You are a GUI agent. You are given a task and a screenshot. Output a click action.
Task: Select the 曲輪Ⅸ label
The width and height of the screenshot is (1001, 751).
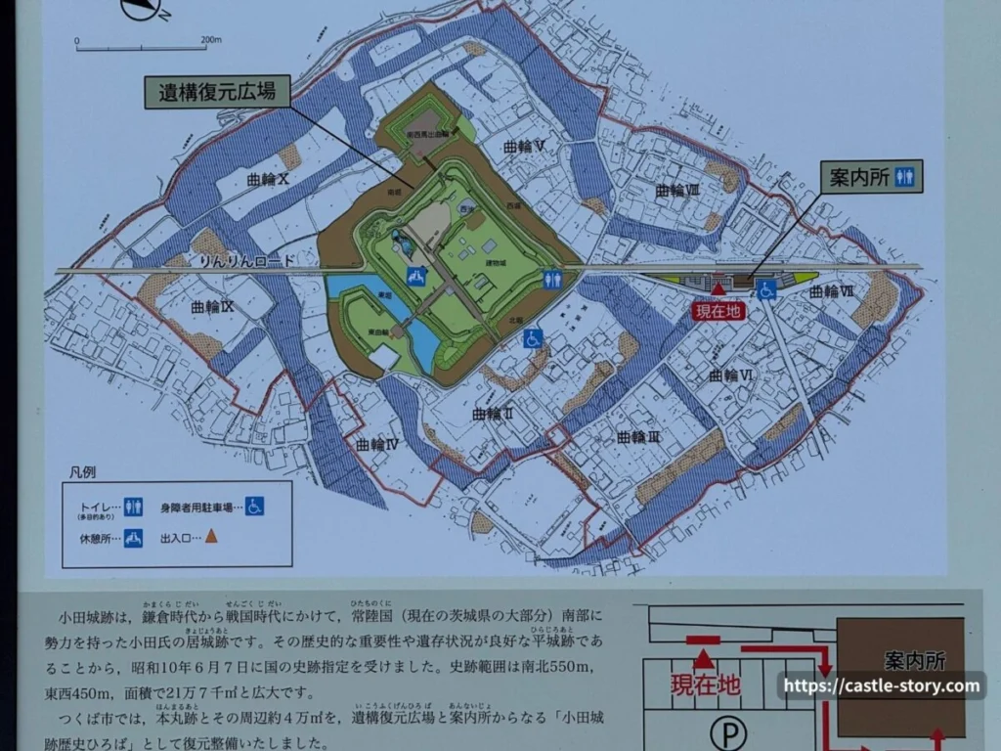tap(211, 307)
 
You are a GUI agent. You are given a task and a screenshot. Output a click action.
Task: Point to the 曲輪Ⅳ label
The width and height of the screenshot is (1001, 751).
tap(376, 444)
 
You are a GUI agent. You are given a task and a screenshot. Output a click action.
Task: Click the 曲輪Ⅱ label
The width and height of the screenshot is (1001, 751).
tap(493, 414)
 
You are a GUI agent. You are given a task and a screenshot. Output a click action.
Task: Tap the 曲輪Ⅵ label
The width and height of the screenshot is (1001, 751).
tap(730, 375)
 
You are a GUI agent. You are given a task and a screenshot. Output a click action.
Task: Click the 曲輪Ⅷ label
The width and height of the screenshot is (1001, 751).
tap(677, 190)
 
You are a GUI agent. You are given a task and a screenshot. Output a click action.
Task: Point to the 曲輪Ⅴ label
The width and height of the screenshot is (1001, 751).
tap(524, 146)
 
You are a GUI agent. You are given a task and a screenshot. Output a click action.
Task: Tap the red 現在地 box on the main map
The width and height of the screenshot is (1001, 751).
tap(718, 311)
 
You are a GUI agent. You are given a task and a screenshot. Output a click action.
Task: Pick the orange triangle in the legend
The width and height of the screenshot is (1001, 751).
tap(211, 536)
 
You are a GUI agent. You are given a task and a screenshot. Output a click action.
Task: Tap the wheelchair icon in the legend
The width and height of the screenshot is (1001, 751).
tap(254, 506)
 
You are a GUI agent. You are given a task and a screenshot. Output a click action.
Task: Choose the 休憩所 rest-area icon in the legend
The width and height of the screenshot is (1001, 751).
tap(133, 537)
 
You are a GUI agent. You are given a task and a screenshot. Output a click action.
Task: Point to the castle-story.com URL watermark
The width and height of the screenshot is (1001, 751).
tap(881, 685)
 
